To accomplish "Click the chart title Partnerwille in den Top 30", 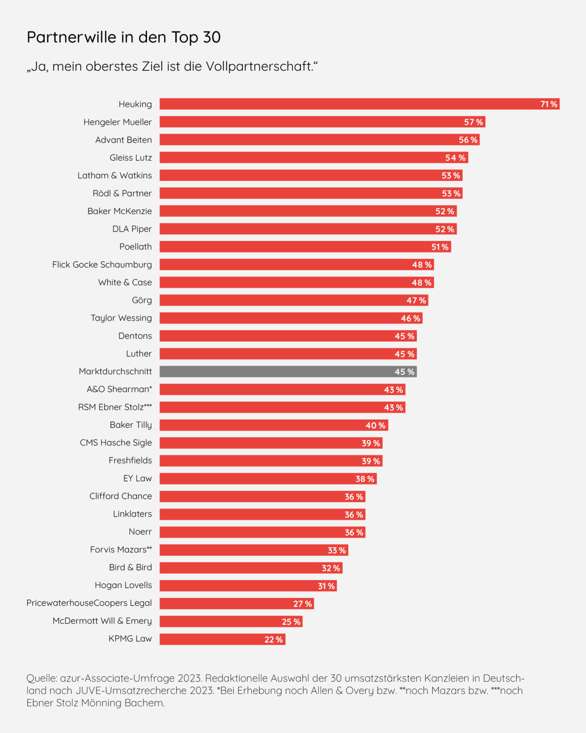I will tap(123, 37).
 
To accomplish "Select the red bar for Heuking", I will tap(347, 104).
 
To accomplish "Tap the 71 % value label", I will tap(548, 104).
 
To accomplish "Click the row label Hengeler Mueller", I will tap(118, 122).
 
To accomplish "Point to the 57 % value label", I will tap(473, 122).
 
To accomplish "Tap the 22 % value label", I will tap(273, 640).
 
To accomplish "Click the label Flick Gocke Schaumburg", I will tap(102, 264).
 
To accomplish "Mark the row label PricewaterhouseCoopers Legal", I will tap(89, 603).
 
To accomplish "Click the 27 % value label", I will tap(302, 604).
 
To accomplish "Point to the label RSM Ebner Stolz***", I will tap(115, 407).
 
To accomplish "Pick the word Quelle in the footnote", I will tap(42, 678).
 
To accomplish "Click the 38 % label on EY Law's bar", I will tap(365, 479).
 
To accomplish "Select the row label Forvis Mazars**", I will tap(121, 550).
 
